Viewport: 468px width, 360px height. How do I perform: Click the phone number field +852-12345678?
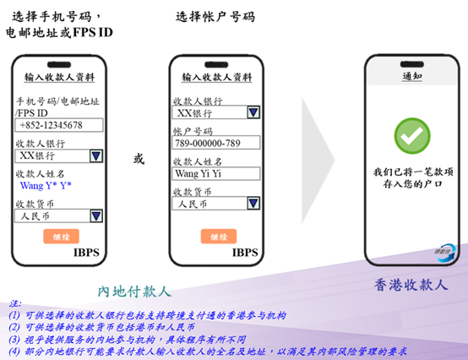click(x=59, y=125)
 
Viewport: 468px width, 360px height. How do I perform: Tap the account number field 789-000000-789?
click(x=215, y=143)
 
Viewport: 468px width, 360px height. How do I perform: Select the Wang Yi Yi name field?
click(x=215, y=173)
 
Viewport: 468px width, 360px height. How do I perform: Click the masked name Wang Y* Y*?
click(x=46, y=186)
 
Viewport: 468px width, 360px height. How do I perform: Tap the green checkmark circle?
click(x=412, y=136)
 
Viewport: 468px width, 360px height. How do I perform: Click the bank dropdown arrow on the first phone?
click(x=96, y=155)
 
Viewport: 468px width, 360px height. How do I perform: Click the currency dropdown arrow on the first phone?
click(x=96, y=215)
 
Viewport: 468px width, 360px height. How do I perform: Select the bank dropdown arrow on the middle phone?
click(x=253, y=112)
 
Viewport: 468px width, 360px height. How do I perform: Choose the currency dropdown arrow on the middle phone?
click(x=253, y=204)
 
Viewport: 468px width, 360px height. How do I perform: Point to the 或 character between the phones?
click(x=139, y=159)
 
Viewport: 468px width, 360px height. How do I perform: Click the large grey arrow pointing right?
click(x=318, y=161)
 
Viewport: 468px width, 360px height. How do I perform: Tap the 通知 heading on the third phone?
click(x=412, y=76)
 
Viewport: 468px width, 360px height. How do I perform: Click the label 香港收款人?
click(x=411, y=285)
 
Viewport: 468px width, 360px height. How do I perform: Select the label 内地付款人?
click(x=134, y=292)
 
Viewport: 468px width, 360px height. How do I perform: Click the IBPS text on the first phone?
click(x=86, y=253)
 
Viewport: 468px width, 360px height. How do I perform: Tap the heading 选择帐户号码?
click(x=215, y=17)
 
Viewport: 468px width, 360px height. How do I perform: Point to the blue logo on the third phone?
click(x=445, y=253)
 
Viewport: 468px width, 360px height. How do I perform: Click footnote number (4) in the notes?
click(x=14, y=352)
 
